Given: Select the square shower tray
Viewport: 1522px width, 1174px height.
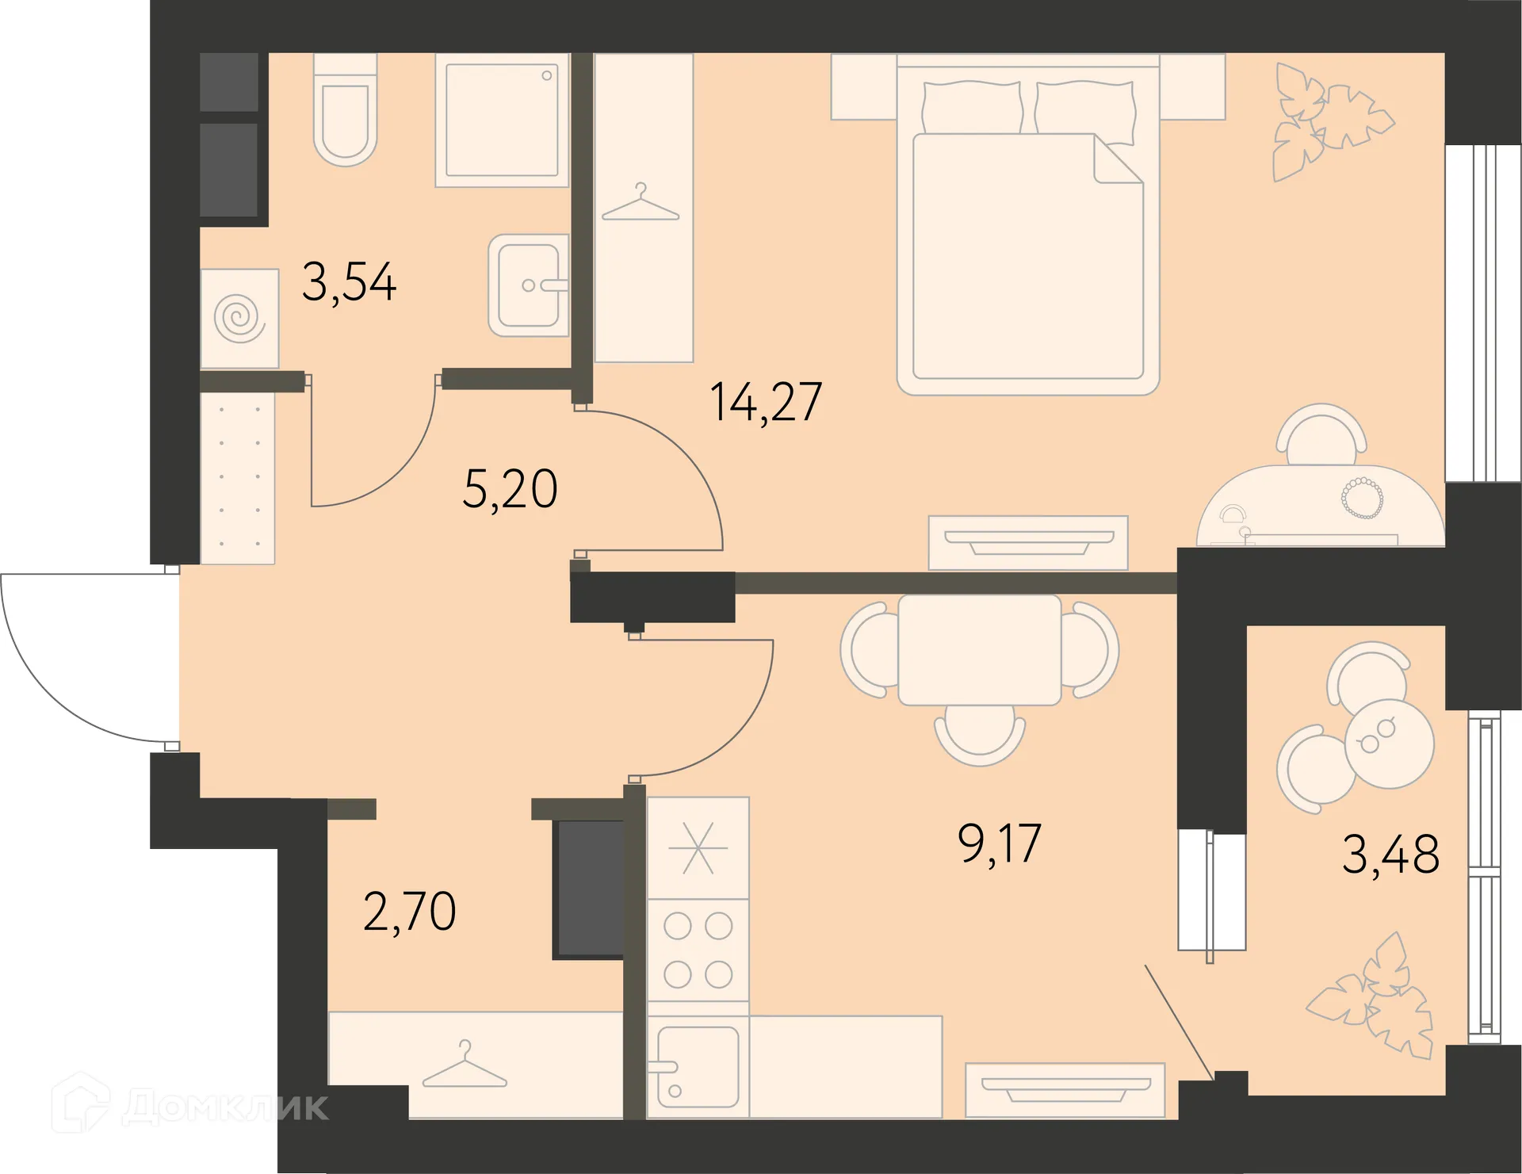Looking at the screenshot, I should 502,120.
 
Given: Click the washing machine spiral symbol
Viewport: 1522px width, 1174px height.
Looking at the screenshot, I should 239,318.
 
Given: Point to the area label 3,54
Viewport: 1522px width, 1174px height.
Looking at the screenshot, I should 349,282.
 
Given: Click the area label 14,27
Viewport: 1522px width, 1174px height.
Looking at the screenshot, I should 766,402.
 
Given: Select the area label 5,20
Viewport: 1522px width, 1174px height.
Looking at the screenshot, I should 510,489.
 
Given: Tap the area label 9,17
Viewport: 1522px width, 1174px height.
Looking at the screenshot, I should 999,843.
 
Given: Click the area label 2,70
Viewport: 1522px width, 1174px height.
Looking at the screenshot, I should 409,912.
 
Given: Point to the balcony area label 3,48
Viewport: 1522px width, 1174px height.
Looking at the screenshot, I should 1390,855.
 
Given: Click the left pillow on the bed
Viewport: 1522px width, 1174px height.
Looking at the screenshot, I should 972,107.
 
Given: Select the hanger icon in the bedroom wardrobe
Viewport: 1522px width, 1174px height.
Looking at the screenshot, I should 641,204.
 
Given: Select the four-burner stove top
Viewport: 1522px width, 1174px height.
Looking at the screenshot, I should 698,950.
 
